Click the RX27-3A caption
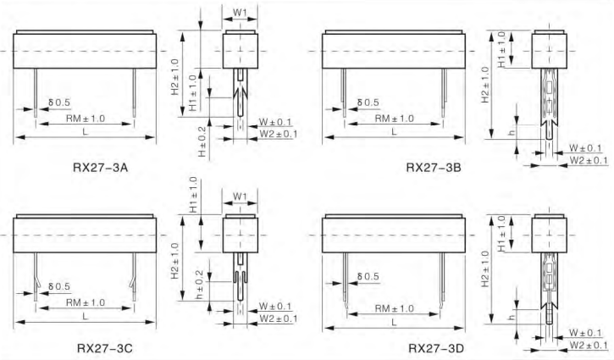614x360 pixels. (100, 168)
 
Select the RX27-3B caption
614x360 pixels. (434, 168)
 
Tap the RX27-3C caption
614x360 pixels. (105, 348)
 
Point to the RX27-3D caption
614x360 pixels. (436, 348)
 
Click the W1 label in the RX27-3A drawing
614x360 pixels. (240, 12)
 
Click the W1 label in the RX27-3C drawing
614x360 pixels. (240, 196)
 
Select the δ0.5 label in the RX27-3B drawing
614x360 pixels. (368, 102)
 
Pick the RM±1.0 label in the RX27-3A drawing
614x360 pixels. (86, 119)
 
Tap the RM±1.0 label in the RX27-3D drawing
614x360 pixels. (394, 308)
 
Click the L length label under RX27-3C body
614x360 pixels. (85, 316)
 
